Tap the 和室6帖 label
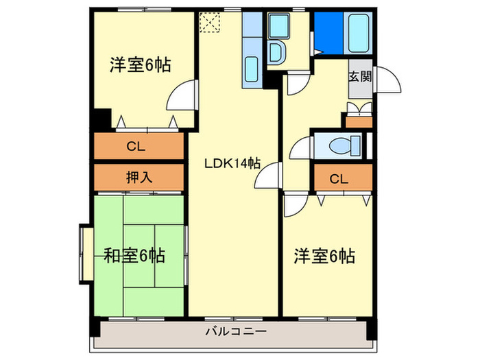[x=134, y=256]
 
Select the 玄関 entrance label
[x=359, y=76]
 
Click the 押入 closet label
[x=140, y=177]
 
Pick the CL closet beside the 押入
[x=140, y=146]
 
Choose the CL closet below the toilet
[x=339, y=179]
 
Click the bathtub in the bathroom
[x=359, y=31]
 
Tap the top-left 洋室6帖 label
[x=140, y=66]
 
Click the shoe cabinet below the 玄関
[x=359, y=121]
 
